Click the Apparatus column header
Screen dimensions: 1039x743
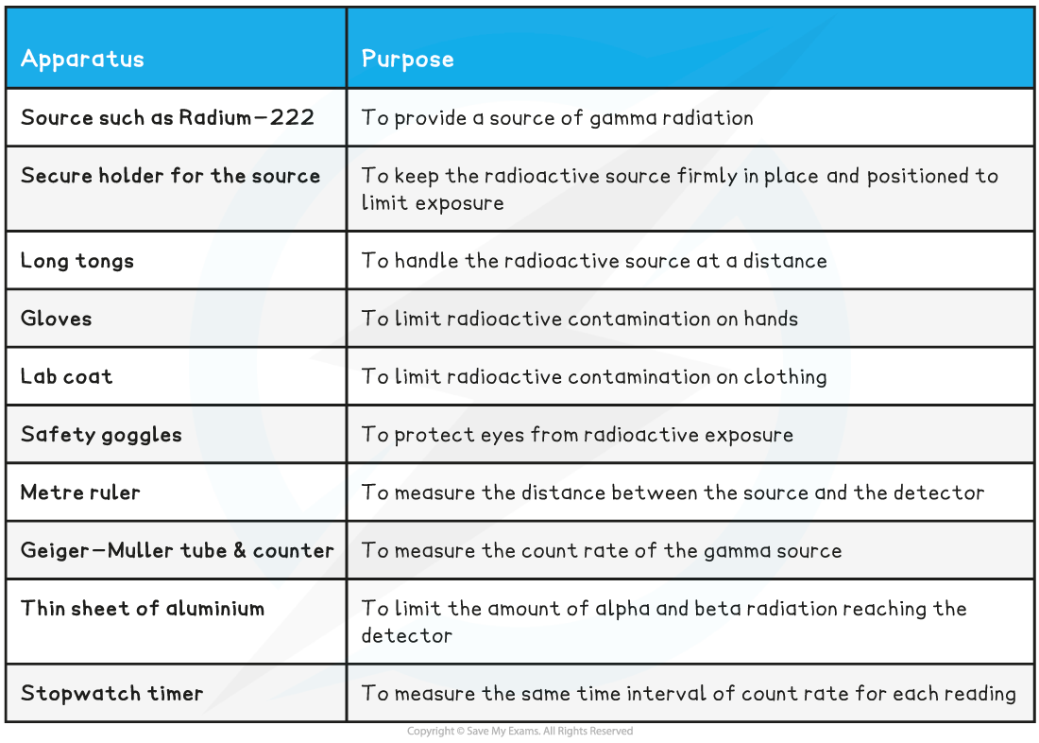(82, 60)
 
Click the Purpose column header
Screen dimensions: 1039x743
(407, 60)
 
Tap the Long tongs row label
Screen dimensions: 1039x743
(77, 261)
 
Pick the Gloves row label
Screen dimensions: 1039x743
(57, 319)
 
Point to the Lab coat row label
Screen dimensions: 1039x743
(66, 376)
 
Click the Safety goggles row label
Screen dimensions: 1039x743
(101, 435)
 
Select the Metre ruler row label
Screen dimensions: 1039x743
(80, 492)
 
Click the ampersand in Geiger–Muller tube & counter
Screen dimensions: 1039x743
(239, 550)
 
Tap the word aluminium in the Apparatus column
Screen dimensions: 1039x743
(215, 609)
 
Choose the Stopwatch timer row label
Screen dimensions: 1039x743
(112, 693)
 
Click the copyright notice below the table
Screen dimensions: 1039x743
(519, 731)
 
